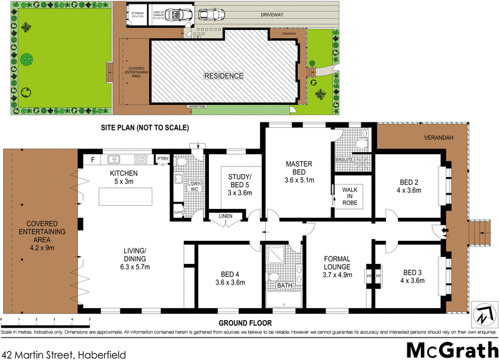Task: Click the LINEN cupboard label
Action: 225,217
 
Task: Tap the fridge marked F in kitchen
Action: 92,160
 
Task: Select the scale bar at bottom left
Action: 46,318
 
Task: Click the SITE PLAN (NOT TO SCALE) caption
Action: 145,127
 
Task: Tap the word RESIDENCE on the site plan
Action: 223,75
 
